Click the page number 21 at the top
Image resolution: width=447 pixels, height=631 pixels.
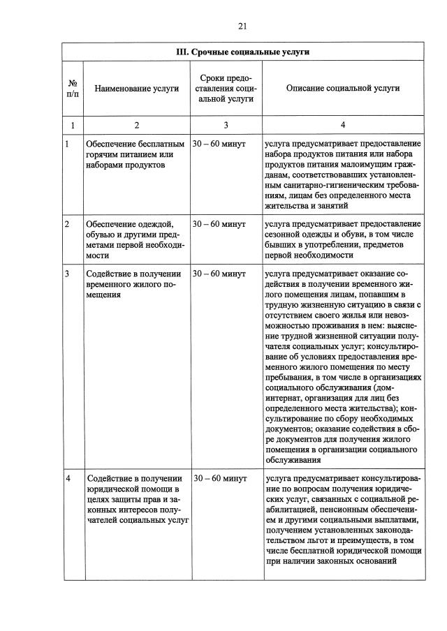[x=242, y=26]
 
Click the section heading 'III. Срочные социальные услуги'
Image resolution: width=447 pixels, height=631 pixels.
[x=242, y=52]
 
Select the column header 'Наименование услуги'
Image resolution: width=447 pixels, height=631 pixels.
[x=137, y=89]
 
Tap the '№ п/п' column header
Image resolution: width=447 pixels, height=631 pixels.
[x=73, y=89]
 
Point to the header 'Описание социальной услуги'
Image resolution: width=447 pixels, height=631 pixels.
[x=343, y=89]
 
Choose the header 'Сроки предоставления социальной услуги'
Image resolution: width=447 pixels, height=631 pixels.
[x=225, y=89]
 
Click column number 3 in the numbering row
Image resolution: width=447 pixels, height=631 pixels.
[x=226, y=125]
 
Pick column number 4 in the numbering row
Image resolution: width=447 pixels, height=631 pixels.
[x=343, y=125]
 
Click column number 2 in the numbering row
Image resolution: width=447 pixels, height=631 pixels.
[x=137, y=125]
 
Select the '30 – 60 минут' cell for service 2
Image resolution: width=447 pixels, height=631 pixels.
[x=219, y=225]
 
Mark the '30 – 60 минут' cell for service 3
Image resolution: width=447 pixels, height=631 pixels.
[x=219, y=274]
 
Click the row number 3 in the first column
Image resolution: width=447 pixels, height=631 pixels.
[x=67, y=274]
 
